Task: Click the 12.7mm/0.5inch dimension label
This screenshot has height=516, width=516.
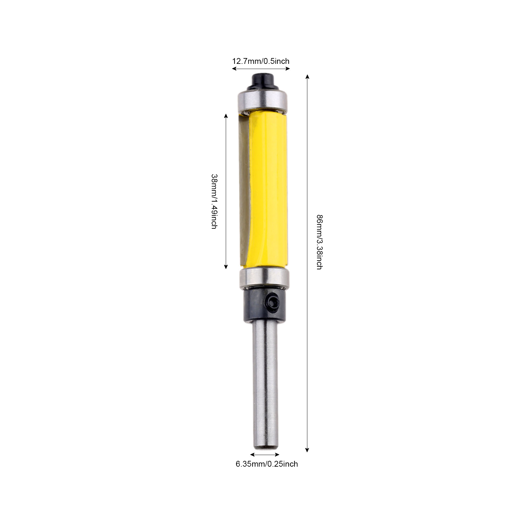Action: [x=261, y=61]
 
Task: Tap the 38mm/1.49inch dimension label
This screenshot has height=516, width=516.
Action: [x=214, y=202]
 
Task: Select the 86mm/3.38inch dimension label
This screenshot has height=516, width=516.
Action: [x=319, y=242]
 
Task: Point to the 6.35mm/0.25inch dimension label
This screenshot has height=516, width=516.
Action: [x=267, y=464]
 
